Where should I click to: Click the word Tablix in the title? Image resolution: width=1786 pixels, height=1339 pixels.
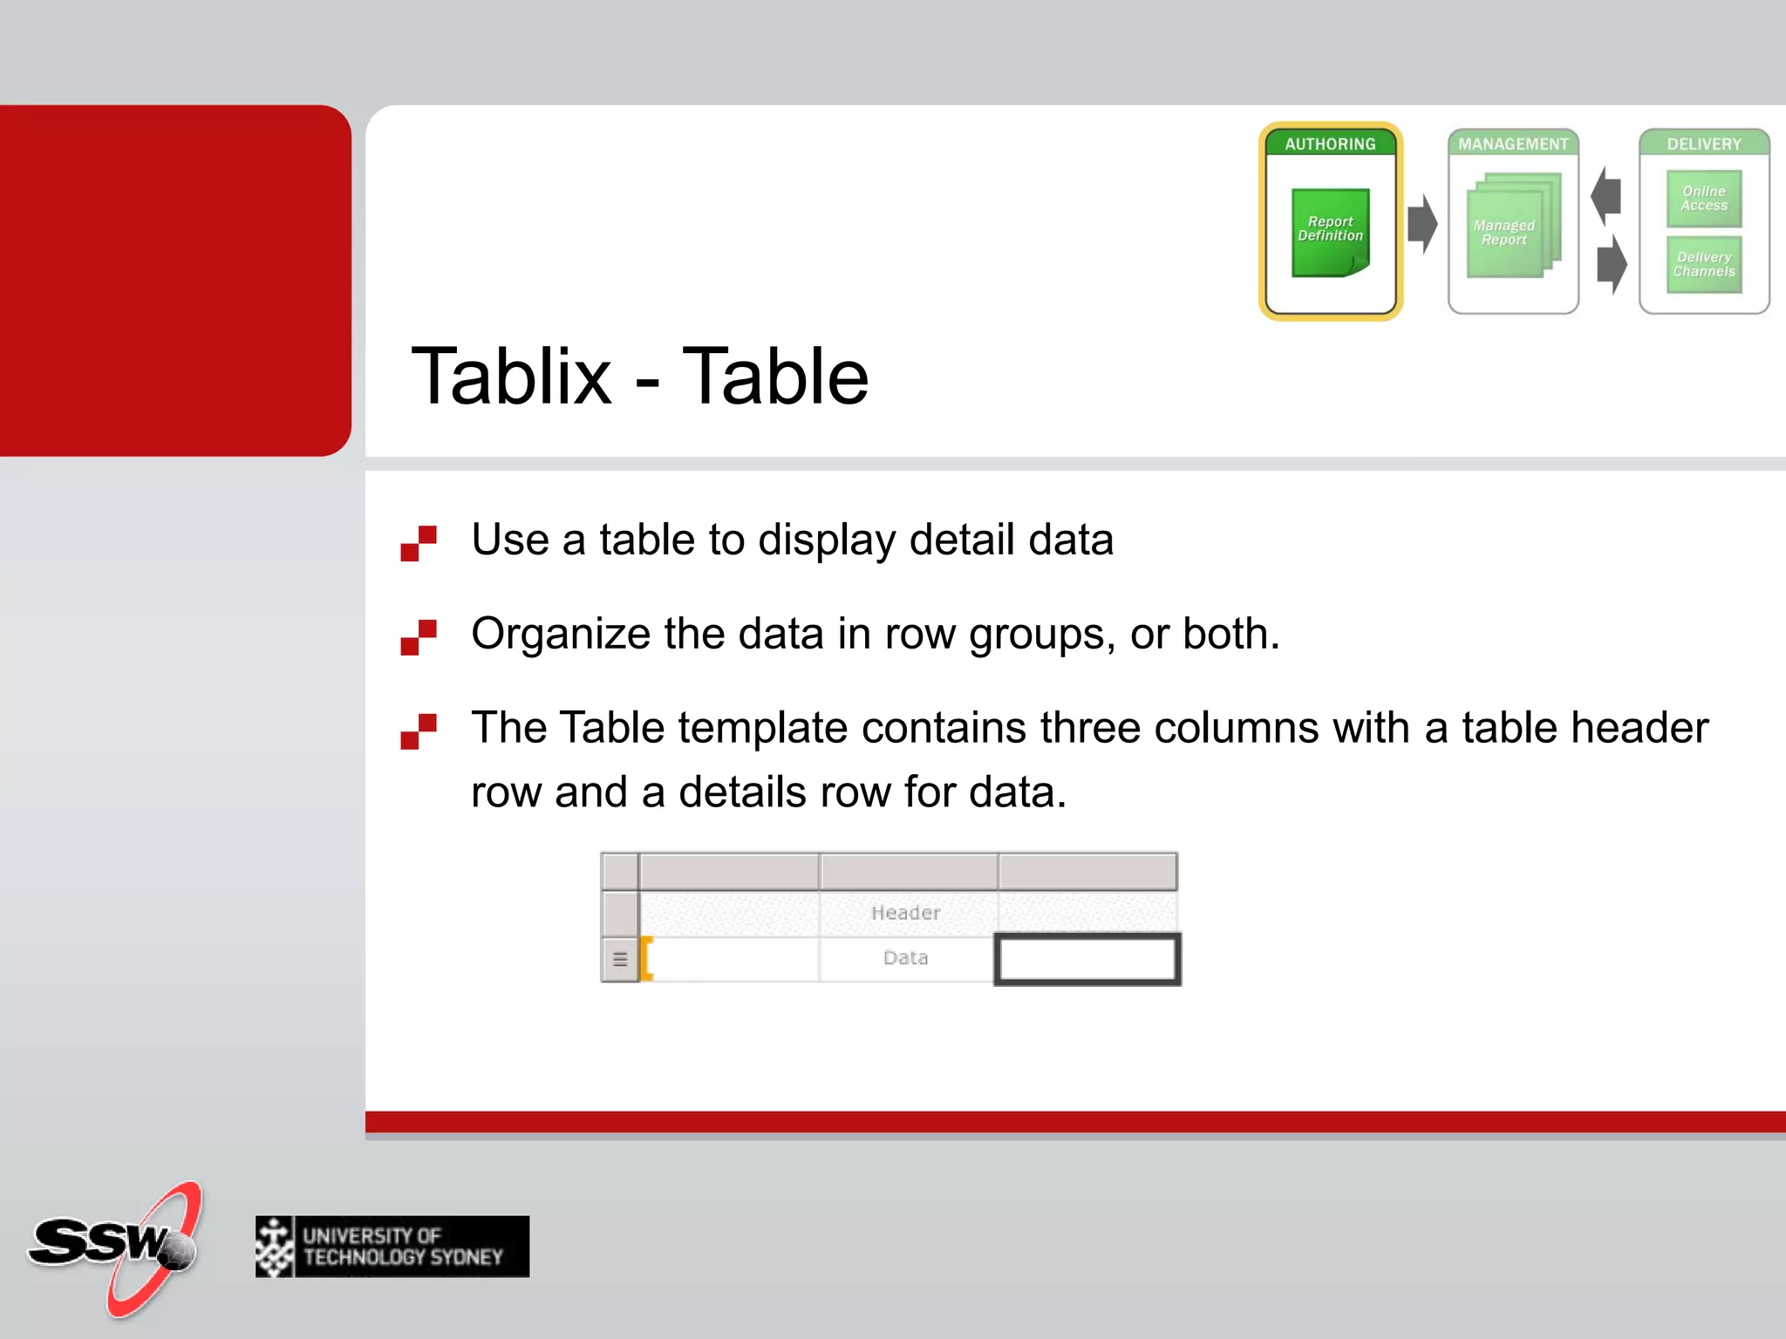click(511, 377)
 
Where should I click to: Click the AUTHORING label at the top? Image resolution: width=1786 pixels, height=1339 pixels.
click(1330, 144)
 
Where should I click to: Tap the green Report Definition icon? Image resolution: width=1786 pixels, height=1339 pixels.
click(1330, 232)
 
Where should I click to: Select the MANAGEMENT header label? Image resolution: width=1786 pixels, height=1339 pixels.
click(1513, 144)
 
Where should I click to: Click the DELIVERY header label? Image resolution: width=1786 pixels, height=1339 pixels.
click(1704, 144)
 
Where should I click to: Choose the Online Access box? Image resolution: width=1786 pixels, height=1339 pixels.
click(1704, 199)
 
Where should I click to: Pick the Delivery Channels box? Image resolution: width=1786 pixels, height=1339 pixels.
click(1704, 264)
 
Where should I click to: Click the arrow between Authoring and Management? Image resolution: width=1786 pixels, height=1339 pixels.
click(1422, 224)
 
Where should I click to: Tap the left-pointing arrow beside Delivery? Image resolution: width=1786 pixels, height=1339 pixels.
click(1606, 195)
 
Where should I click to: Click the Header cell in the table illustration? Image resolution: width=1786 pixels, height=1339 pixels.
click(906, 913)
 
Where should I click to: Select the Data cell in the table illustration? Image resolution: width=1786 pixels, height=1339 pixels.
click(906, 958)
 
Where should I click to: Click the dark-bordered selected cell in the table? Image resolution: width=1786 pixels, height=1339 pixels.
click(1087, 959)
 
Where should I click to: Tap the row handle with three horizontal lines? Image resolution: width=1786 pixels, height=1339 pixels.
click(620, 960)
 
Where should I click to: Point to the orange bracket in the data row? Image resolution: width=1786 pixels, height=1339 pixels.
click(647, 959)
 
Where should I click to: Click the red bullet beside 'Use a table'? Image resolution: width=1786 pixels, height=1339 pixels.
click(419, 543)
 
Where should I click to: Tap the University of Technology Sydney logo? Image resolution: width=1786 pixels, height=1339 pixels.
click(392, 1247)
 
